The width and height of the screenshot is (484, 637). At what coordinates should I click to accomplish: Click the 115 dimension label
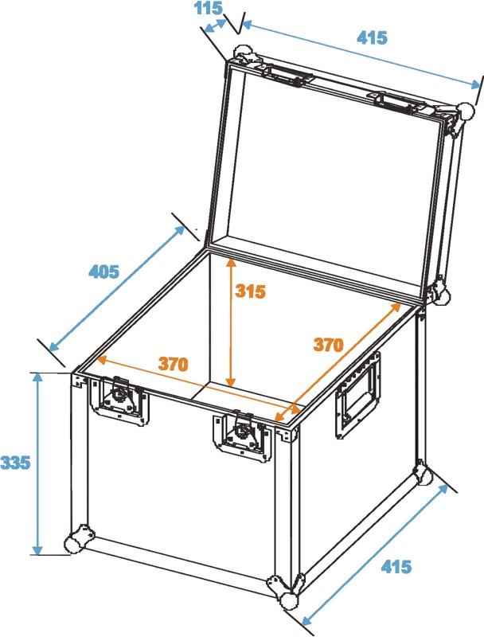pos(209,8)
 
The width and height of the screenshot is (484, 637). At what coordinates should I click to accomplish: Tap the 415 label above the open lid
pos(372,37)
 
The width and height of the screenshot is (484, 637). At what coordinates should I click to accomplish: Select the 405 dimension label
pos(104,272)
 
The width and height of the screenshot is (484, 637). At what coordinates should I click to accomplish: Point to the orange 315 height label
pos(250,291)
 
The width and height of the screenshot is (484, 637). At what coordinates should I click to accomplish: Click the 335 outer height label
pos(15,463)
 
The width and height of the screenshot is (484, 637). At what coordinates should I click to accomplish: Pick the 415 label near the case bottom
pos(396,566)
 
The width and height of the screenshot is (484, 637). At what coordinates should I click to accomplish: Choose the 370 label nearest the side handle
pos(328,345)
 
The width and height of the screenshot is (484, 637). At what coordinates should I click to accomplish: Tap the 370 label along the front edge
pos(174,364)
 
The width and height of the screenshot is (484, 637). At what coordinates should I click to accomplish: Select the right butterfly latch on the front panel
pos(242,436)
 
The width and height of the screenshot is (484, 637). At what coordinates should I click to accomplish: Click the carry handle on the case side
pos(357,394)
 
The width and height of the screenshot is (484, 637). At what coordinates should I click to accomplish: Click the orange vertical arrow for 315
pos(231,322)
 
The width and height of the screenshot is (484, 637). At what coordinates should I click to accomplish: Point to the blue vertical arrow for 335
pos(37,463)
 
